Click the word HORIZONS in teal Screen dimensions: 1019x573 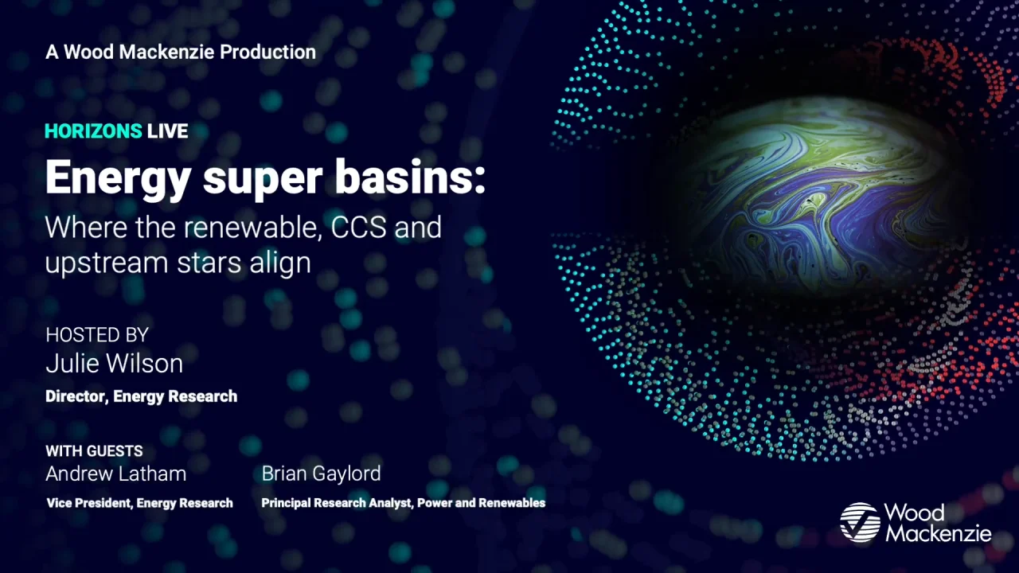pyautogui.click(x=93, y=131)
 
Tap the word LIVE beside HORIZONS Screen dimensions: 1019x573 pyautogui.click(x=167, y=131)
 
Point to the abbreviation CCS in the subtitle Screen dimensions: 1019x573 pyautogui.click(x=358, y=227)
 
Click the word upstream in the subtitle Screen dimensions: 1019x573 pyautogui.click(x=107, y=263)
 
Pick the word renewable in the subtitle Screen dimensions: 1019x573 pyautogui.click(x=250, y=228)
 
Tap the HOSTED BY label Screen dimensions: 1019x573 pyautogui.click(x=97, y=335)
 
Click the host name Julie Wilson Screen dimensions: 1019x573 pyautogui.click(x=114, y=364)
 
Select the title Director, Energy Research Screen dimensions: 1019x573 pyautogui.click(x=142, y=396)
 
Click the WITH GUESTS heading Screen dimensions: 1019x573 pyautogui.click(x=94, y=451)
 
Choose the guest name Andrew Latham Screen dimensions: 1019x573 pyautogui.click(x=116, y=474)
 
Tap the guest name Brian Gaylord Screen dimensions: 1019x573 pyautogui.click(x=321, y=474)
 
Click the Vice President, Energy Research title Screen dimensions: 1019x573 pyautogui.click(x=139, y=503)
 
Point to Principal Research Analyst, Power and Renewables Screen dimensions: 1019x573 pyautogui.click(x=404, y=503)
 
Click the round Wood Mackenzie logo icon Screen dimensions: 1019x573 pyautogui.click(x=860, y=522)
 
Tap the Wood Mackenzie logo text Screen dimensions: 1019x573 pyautogui.click(x=938, y=523)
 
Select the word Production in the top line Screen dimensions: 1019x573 pyautogui.click(x=268, y=53)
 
